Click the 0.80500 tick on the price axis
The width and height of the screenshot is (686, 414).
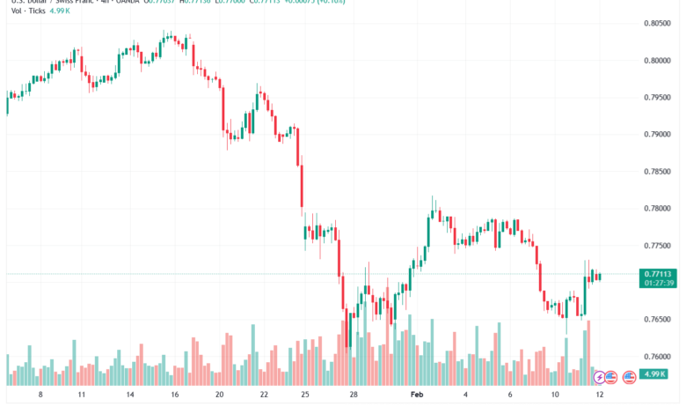658,24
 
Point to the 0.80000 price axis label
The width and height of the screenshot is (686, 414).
658,61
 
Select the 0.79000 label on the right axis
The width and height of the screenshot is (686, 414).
658,135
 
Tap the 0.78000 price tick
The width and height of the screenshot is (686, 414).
658,209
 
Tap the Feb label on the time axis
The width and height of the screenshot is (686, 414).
417,396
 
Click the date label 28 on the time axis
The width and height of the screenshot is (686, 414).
352,396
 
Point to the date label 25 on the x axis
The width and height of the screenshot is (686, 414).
303,396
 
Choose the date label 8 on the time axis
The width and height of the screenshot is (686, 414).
40,396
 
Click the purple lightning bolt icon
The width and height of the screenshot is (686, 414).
600,378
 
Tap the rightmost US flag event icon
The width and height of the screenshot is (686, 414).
629,378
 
